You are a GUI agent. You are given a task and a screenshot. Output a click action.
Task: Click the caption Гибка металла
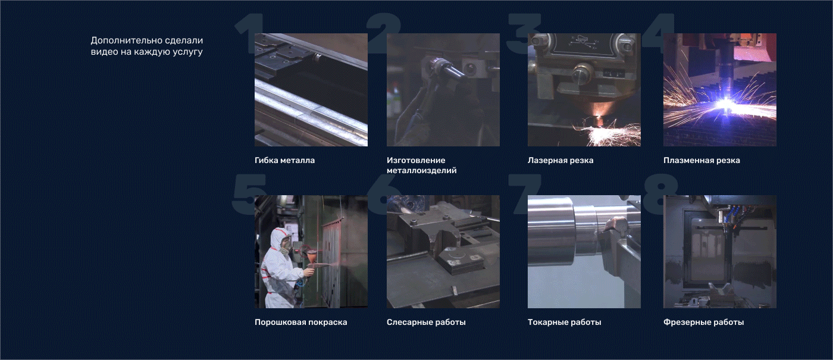284,160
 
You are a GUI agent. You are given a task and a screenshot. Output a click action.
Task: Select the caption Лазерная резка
560,160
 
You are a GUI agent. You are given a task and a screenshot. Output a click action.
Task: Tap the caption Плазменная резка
702,160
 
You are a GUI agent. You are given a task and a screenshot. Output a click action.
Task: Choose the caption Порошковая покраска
300,322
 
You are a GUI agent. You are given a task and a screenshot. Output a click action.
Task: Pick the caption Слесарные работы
426,322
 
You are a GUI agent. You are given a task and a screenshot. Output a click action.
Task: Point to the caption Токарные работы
564,322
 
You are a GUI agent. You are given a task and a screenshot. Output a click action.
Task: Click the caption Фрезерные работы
703,322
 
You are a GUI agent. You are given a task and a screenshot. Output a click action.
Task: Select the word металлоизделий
421,170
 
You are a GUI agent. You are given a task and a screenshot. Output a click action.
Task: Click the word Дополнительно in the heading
121,40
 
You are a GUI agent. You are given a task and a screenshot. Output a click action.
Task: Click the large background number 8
661,194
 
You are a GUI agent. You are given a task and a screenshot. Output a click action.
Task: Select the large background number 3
524,33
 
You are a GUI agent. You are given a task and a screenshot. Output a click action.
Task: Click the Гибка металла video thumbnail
311,90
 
